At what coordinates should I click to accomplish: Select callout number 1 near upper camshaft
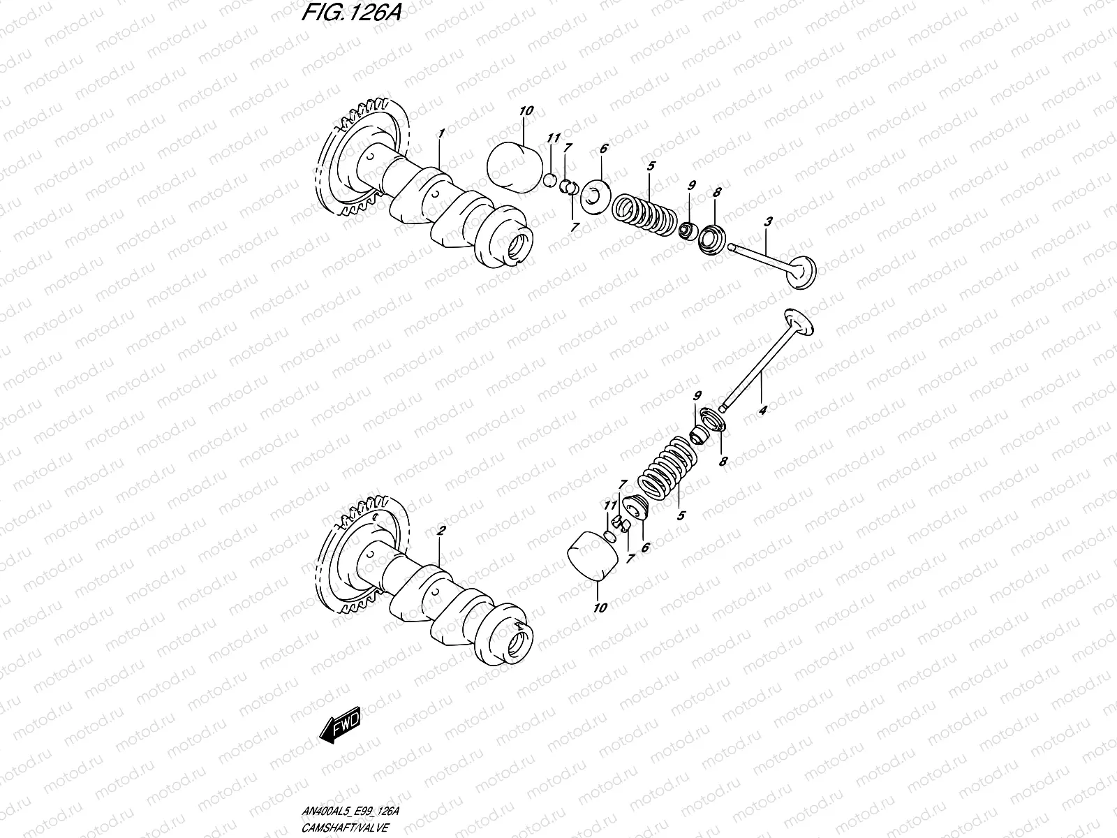click(441, 133)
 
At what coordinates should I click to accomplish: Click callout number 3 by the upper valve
click(768, 223)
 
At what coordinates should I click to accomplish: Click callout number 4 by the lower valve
click(762, 411)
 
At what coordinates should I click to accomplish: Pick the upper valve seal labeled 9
click(688, 230)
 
